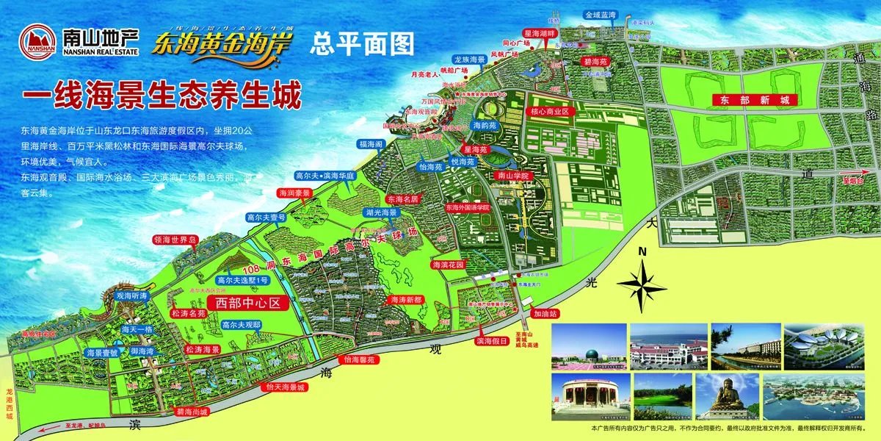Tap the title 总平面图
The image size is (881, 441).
click(x=362, y=43)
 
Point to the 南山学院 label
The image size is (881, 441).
click(x=513, y=176)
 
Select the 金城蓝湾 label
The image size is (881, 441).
click(x=601, y=15)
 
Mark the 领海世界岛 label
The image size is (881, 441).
click(x=175, y=240)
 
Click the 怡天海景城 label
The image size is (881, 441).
click(x=285, y=387)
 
